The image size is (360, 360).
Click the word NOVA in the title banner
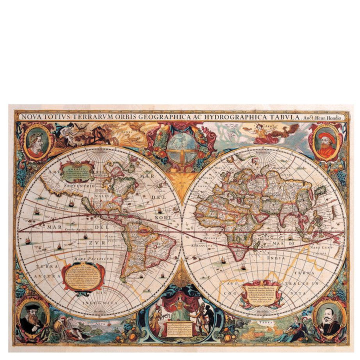31,117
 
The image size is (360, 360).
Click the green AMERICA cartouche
77,171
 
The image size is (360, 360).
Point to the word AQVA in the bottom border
99,323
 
